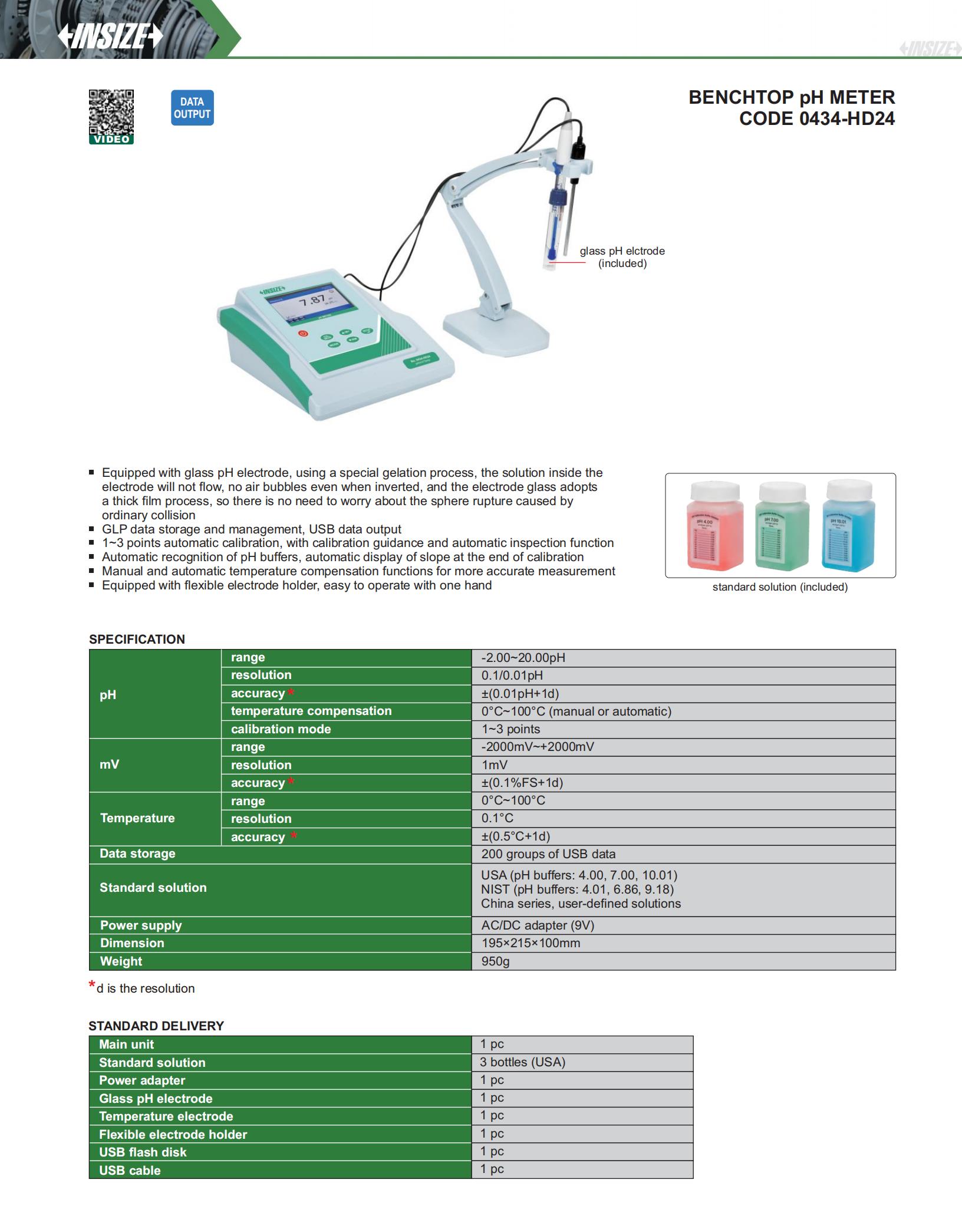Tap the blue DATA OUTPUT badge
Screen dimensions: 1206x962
click(x=192, y=108)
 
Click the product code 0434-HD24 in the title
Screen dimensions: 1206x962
click(x=817, y=118)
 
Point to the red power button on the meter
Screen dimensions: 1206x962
click(x=303, y=333)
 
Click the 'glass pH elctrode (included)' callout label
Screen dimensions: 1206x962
click(x=622, y=257)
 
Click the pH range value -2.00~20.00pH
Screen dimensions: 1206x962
click(x=523, y=658)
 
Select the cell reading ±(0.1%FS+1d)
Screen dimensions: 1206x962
click(x=522, y=783)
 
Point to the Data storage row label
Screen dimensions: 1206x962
click(x=137, y=854)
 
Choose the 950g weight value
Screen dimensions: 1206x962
click(x=495, y=961)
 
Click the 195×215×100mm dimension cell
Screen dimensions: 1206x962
click(x=531, y=943)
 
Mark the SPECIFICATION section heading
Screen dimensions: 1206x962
click(x=137, y=640)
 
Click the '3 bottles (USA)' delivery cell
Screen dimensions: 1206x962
click(x=522, y=1062)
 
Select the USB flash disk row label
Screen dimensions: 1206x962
click(x=143, y=1152)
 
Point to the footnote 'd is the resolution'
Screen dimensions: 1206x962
click(x=145, y=988)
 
